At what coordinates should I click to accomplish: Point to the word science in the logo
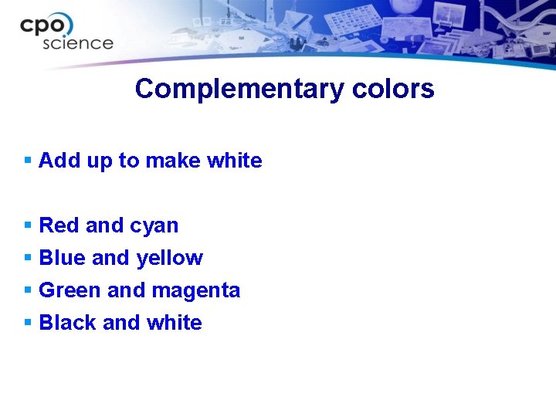click(x=77, y=43)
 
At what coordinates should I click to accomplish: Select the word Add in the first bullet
click(x=55, y=161)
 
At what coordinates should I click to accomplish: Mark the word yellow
click(x=169, y=258)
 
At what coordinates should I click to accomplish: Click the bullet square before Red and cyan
click(x=28, y=225)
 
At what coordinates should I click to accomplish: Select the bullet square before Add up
click(x=28, y=161)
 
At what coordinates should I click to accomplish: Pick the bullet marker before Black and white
click(x=28, y=323)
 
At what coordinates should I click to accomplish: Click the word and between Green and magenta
click(x=125, y=290)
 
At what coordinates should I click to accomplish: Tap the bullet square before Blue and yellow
click(x=28, y=258)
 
